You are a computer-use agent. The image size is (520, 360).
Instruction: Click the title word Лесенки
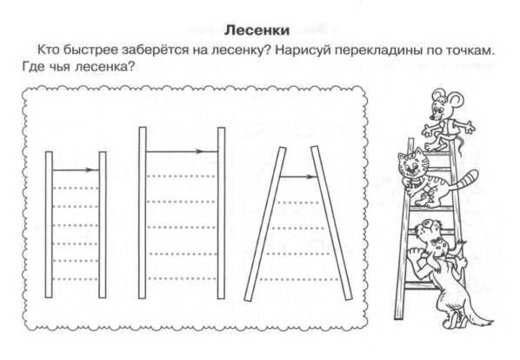[x=257, y=30]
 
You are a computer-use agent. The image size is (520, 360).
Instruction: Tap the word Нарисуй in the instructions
[x=303, y=50]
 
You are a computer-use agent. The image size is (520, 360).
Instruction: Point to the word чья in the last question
[x=60, y=67]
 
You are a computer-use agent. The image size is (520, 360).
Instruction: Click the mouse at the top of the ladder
[x=446, y=119]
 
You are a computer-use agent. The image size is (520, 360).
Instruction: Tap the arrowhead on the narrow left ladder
[x=88, y=170]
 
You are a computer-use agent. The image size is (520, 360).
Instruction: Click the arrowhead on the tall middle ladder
[x=198, y=151]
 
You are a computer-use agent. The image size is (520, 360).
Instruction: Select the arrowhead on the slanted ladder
[x=311, y=177]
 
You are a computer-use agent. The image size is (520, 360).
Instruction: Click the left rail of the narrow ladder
[x=49, y=224]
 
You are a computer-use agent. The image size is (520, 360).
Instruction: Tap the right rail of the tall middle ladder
[x=221, y=213]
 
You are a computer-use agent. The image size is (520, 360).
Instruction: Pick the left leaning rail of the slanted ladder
[x=265, y=224]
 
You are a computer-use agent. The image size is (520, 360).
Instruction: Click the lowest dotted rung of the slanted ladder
[x=299, y=279]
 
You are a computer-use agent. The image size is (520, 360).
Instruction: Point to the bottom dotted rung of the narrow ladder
[x=76, y=279]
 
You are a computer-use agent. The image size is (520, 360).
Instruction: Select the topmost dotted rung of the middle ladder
[x=182, y=176]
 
